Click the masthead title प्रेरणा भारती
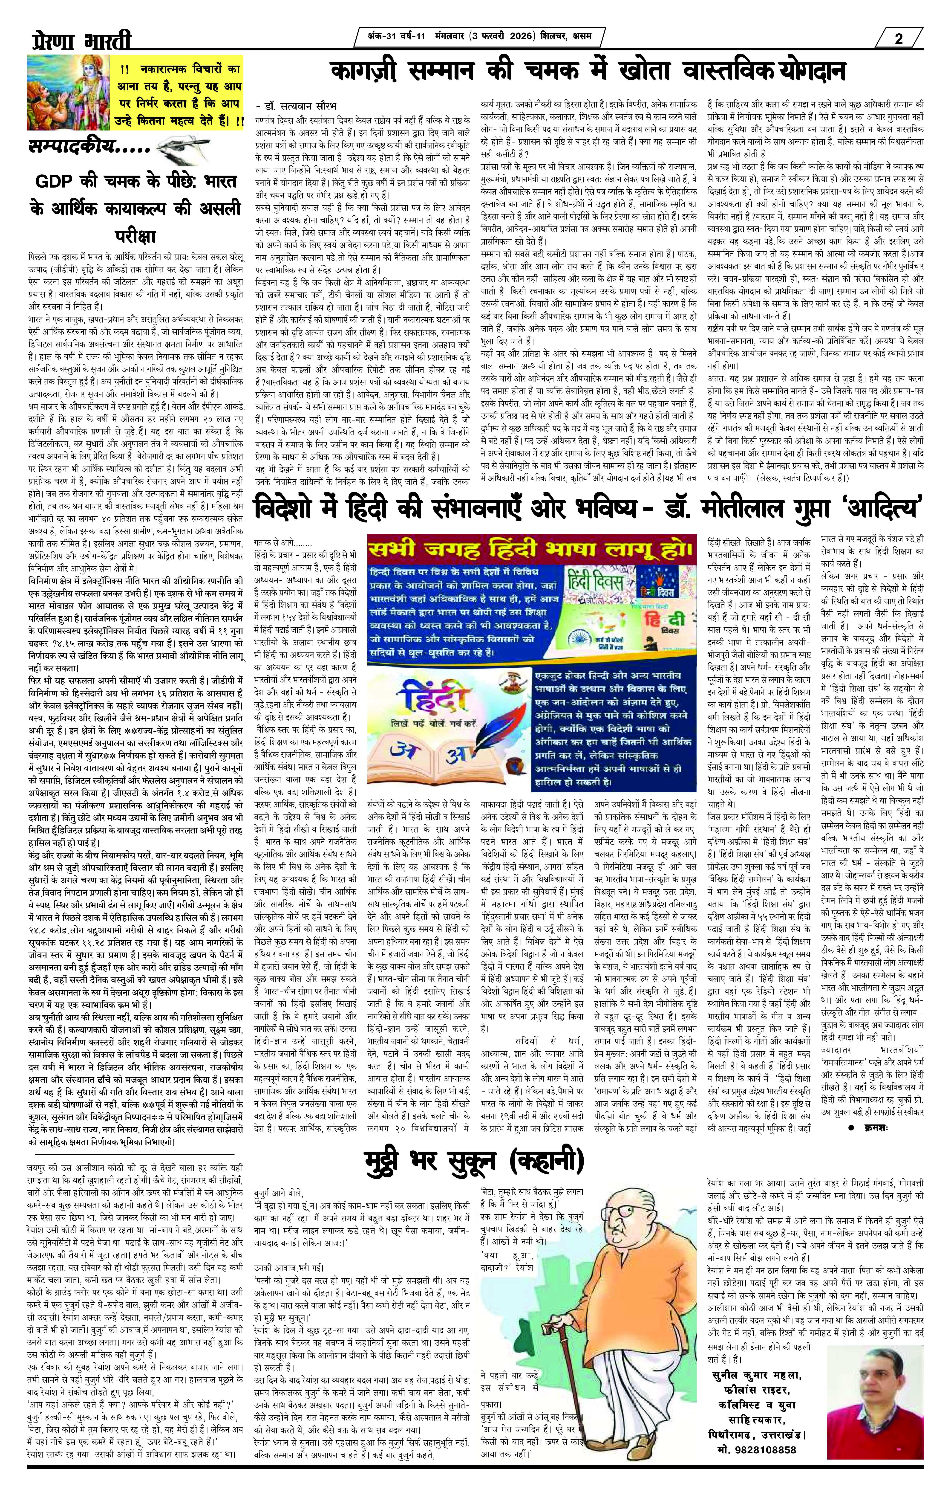coord(81,41)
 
